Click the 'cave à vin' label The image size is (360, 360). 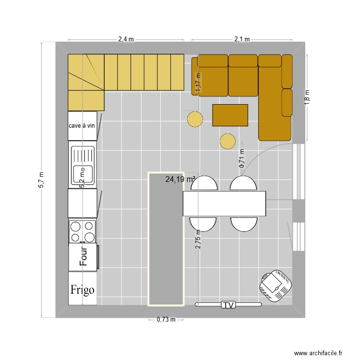point(82,126)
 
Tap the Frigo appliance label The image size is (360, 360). point(83,290)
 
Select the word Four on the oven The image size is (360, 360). point(84,256)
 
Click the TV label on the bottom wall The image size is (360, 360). point(228,305)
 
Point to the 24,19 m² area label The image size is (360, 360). point(180,179)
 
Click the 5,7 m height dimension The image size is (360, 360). point(41,180)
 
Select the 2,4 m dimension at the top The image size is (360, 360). point(126,39)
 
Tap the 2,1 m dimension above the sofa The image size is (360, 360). point(242,39)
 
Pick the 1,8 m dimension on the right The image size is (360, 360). point(307,97)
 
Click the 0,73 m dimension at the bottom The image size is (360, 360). point(166,319)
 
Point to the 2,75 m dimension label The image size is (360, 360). point(198,239)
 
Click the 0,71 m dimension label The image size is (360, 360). point(242,158)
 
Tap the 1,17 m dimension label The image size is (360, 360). point(198,82)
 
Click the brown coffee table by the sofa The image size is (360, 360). point(230,115)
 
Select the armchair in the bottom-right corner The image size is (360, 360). point(276,286)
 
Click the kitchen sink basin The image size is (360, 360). point(83,175)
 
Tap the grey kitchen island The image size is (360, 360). point(166,239)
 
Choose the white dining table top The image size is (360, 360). point(224,204)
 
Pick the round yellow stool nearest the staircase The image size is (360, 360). point(195,119)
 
